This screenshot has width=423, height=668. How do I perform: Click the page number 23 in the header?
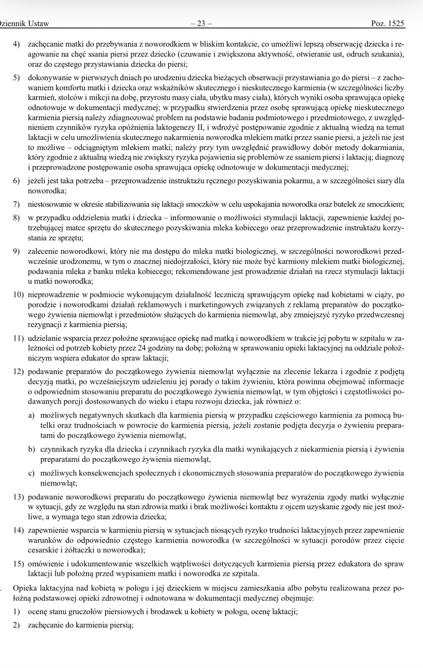click(x=201, y=24)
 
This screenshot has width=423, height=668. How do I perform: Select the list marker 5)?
click(x=17, y=78)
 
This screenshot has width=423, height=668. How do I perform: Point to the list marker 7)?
click(x=17, y=205)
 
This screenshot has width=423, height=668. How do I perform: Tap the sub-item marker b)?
click(x=32, y=449)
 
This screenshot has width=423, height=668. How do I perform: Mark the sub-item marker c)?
click(x=32, y=473)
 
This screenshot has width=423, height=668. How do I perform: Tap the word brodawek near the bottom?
click(x=163, y=612)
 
